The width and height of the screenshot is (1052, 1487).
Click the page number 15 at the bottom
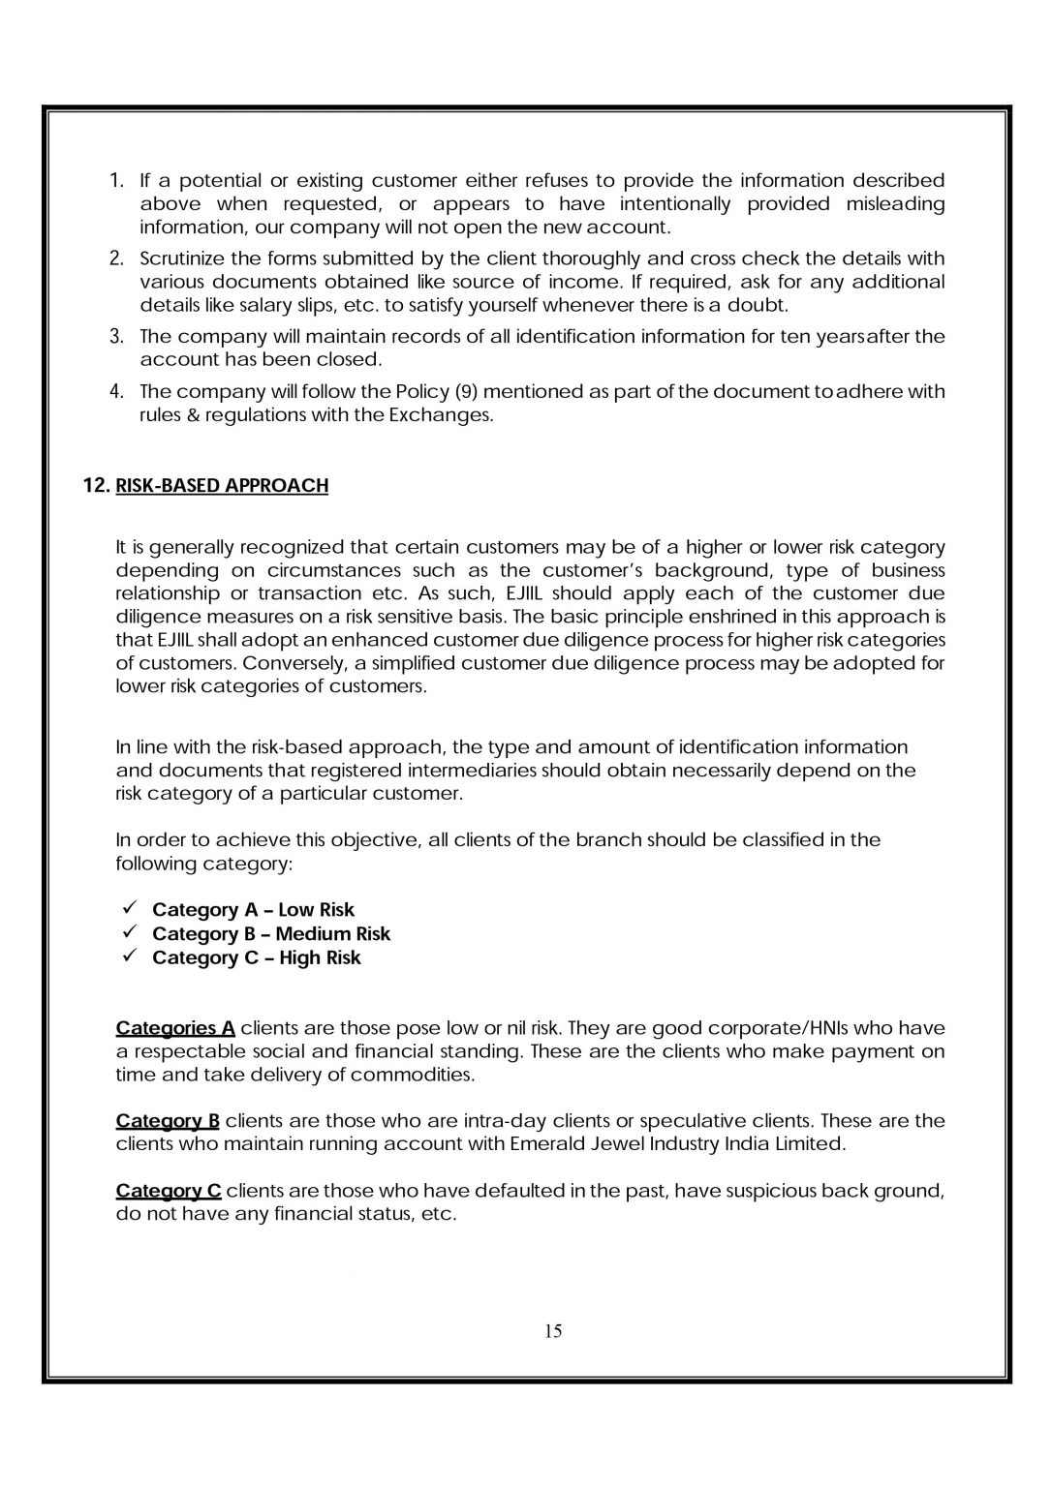pyautogui.click(x=553, y=1331)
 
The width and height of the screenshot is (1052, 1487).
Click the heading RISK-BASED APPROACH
pyautogui.click(x=222, y=486)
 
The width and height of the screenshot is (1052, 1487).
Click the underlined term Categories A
pyautogui.click(x=175, y=1028)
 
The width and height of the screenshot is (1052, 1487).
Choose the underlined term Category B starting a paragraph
pyautogui.click(x=168, y=1121)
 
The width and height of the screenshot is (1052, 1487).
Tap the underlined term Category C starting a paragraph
pyautogui.click(x=169, y=1191)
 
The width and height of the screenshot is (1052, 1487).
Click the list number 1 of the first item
pyautogui.click(x=116, y=181)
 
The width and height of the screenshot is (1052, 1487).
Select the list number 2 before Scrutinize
pyautogui.click(x=116, y=258)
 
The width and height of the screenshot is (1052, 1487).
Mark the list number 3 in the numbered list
pyautogui.click(x=116, y=337)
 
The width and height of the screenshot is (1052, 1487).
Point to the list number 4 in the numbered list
pyautogui.click(x=116, y=392)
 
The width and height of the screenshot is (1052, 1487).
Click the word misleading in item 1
pyautogui.click(x=895, y=204)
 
